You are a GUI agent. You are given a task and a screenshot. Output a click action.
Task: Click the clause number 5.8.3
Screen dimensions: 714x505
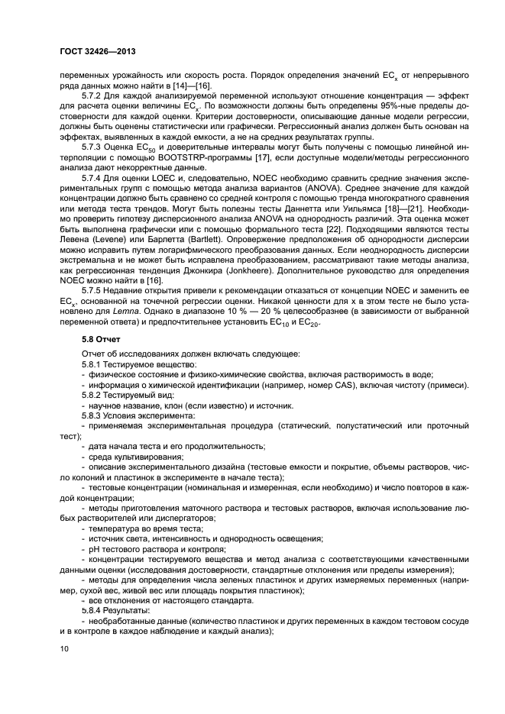94,415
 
